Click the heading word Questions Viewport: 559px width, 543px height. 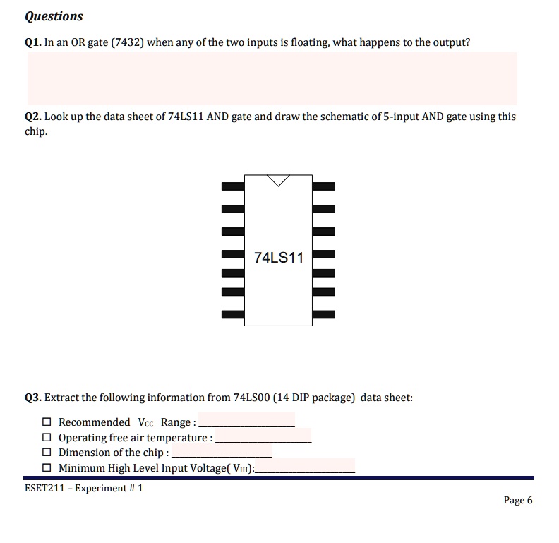pyautogui.click(x=54, y=16)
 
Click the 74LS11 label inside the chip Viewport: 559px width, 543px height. pyautogui.click(x=278, y=258)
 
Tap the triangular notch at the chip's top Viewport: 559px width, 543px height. pyautogui.click(x=279, y=180)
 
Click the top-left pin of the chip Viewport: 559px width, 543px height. pyautogui.click(x=233, y=187)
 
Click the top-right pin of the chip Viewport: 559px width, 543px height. pyautogui.click(x=323, y=187)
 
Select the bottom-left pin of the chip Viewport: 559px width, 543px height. pyautogui.click(x=233, y=314)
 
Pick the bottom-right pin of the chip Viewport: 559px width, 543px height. pyautogui.click(x=323, y=314)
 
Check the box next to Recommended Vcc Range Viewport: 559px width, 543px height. pyautogui.click(x=47, y=422)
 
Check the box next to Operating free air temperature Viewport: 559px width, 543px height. pyautogui.click(x=47, y=438)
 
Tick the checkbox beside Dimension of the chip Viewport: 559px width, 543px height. pyautogui.click(x=47, y=453)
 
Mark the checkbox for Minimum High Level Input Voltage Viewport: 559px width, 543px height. pyautogui.click(x=47, y=468)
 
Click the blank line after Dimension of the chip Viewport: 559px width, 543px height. pyautogui.click(x=222, y=453)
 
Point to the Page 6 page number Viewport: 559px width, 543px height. pyautogui.click(x=518, y=501)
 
